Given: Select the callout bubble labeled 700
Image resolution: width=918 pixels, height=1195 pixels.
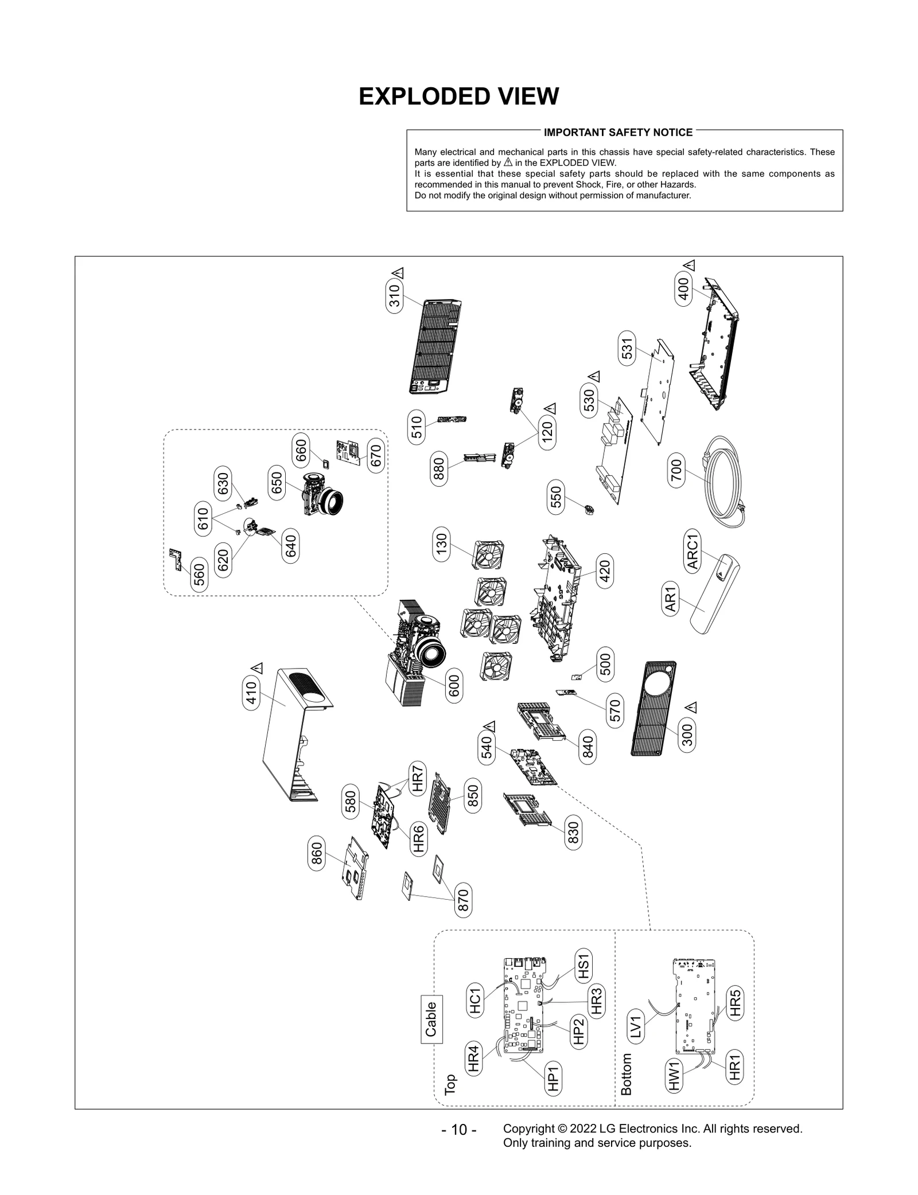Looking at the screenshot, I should (676, 470).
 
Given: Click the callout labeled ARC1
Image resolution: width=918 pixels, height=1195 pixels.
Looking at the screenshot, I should (693, 551).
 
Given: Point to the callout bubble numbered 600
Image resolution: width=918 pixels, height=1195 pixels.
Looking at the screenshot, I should (454, 686).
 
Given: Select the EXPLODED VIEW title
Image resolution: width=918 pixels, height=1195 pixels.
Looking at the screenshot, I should (458, 96).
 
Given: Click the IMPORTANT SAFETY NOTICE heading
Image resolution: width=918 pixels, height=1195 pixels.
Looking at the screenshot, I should (618, 132).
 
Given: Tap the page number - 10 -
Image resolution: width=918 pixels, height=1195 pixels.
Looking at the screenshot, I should (458, 1130).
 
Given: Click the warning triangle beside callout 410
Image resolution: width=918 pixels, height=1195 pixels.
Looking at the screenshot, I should (257, 668).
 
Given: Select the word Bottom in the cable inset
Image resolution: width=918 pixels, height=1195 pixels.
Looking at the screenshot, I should (627, 1073).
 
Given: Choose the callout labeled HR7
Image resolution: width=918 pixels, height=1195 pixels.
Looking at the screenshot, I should (417, 779).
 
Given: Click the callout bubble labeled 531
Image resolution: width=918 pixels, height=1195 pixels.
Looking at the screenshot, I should (627, 348).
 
